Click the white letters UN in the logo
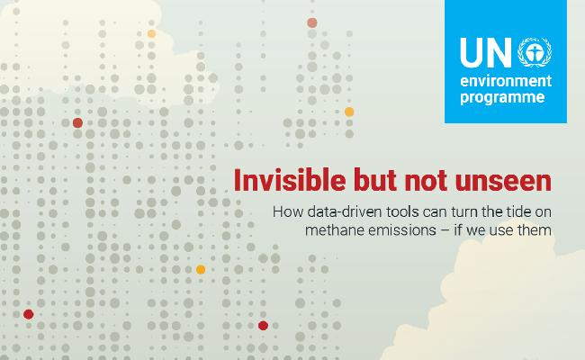click(x=486, y=52)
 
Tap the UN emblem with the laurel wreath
click(x=535, y=52)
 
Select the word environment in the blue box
click(x=506, y=81)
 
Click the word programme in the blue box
click(x=502, y=98)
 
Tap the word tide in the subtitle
click(x=518, y=211)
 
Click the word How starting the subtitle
click(x=288, y=211)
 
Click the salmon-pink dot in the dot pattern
click(x=312, y=22)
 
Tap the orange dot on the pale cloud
click(x=151, y=33)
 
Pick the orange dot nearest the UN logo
click(x=349, y=112)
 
